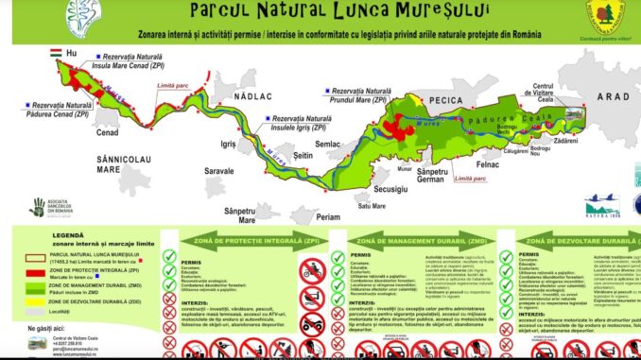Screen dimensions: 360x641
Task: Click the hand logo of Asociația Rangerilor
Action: (37, 208)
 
